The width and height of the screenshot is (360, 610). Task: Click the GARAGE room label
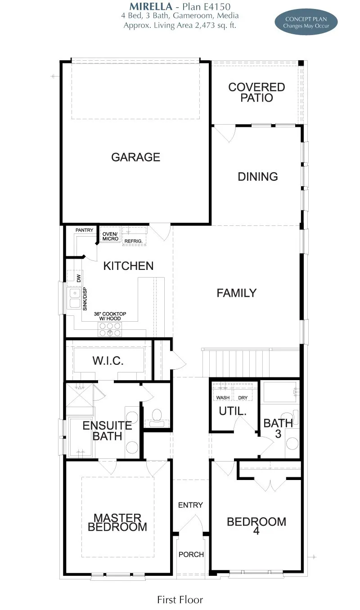[x=135, y=157]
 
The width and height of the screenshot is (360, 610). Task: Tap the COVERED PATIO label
[x=256, y=92]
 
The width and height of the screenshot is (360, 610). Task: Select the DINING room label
[x=258, y=177]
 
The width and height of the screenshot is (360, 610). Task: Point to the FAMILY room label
[x=236, y=293]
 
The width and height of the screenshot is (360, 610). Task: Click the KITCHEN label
[x=128, y=266]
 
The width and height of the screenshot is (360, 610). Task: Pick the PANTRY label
[x=84, y=230]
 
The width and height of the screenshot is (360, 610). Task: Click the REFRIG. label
[x=133, y=242]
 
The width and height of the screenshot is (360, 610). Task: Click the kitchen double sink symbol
[x=74, y=299]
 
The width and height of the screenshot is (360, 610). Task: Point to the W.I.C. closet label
[x=108, y=361]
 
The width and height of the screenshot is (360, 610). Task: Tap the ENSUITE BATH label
[x=107, y=431]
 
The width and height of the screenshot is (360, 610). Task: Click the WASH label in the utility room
[x=223, y=398]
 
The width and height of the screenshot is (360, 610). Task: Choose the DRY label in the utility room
[x=243, y=398]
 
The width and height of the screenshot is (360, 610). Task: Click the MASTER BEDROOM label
[x=117, y=522]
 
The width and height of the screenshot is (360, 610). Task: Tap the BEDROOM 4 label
[x=256, y=526]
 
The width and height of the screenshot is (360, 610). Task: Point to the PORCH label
[x=191, y=554]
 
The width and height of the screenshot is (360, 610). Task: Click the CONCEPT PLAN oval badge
[x=306, y=22]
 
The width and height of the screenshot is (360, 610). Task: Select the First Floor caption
[x=180, y=600]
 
